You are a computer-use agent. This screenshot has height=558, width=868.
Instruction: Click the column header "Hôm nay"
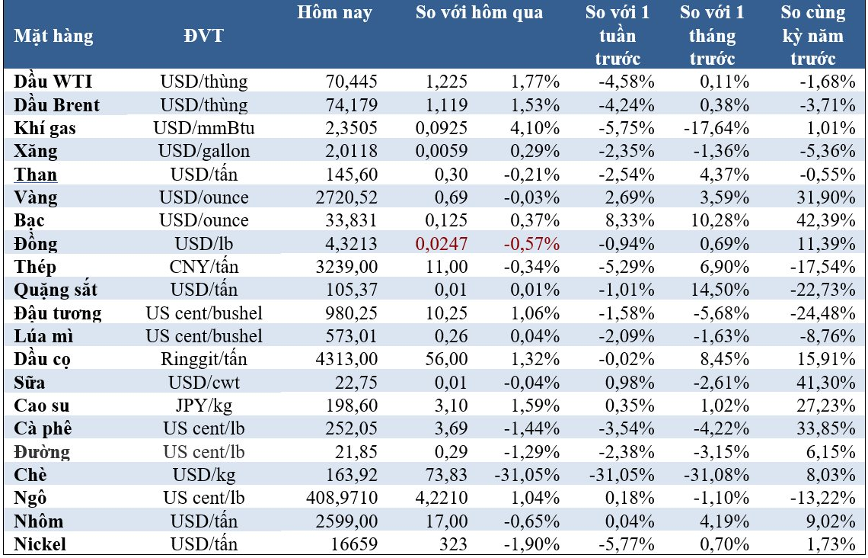334,13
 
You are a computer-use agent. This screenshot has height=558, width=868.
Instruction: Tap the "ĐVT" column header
203,36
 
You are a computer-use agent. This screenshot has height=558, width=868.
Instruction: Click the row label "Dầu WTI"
54,82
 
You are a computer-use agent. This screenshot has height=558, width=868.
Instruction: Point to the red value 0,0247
442,245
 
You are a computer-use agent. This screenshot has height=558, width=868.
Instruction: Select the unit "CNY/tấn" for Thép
204,268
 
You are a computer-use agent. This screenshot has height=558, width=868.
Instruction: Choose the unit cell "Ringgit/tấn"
204,360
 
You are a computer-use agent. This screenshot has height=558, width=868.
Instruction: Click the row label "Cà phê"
44,430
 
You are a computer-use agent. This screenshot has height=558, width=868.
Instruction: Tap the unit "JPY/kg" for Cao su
204,406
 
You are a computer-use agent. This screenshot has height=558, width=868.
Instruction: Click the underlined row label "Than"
36,175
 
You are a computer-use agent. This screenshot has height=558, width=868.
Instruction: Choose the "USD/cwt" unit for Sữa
204,383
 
